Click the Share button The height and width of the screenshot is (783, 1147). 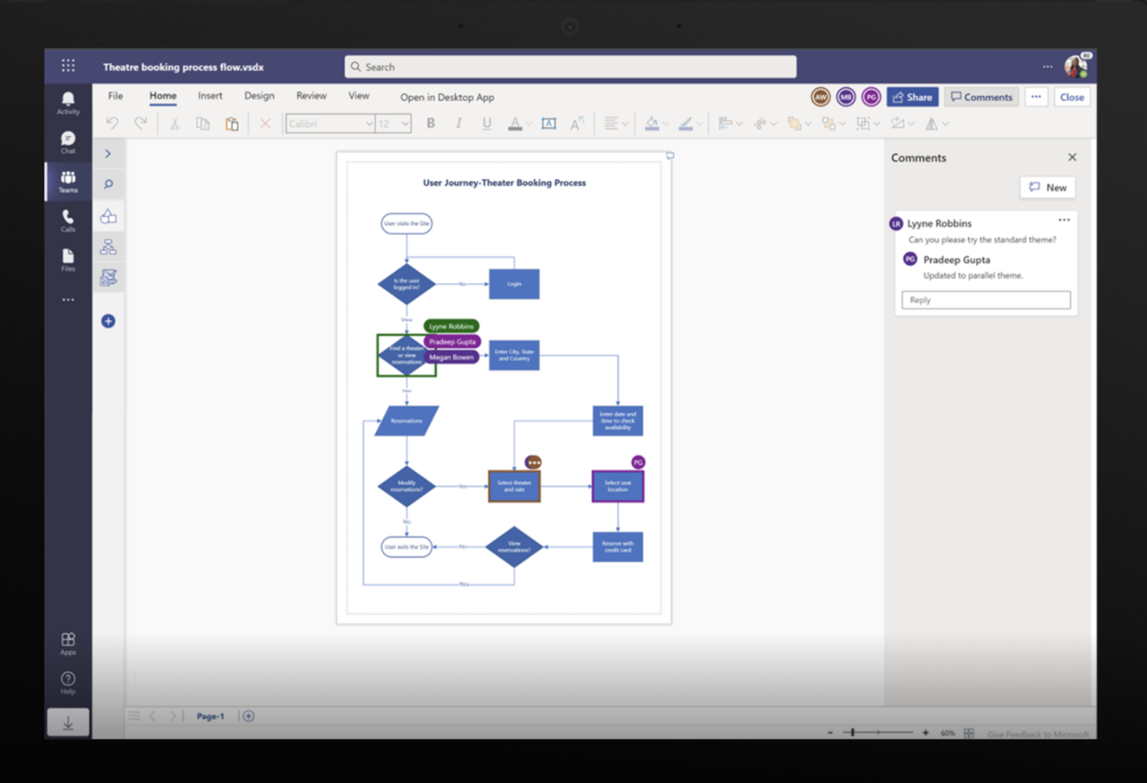(x=912, y=98)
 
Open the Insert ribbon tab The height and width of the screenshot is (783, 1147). (x=210, y=96)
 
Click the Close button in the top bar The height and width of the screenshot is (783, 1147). (x=1071, y=98)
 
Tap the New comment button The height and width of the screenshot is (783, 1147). (x=1048, y=187)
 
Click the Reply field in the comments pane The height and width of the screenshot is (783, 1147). (x=986, y=300)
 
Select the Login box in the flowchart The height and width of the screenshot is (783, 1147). (x=514, y=284)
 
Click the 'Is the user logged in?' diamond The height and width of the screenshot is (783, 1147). (x=406, y=284)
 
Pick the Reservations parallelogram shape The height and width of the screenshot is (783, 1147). (x=406, y=421)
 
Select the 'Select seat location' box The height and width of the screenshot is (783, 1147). (x=617, y=486)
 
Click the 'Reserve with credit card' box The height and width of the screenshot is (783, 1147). (x=617, y=547)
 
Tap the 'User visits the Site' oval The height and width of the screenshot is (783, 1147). (x=406, y=224)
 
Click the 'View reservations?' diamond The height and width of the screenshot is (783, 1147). (x=514, y=547)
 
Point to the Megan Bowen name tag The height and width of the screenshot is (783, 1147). (x=451, y=357)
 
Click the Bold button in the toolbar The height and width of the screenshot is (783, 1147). (x=431, y=123)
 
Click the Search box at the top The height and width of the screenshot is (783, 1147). (x=570, y=67)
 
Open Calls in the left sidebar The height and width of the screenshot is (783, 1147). (x=68, y=220)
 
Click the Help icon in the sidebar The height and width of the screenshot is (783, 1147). (x=68, y=682)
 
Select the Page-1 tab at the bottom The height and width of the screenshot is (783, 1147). (x=211, y=716)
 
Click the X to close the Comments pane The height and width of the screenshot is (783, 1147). (x=1072, y=158)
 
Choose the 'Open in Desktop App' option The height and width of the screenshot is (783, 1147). (x=447, y=98)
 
